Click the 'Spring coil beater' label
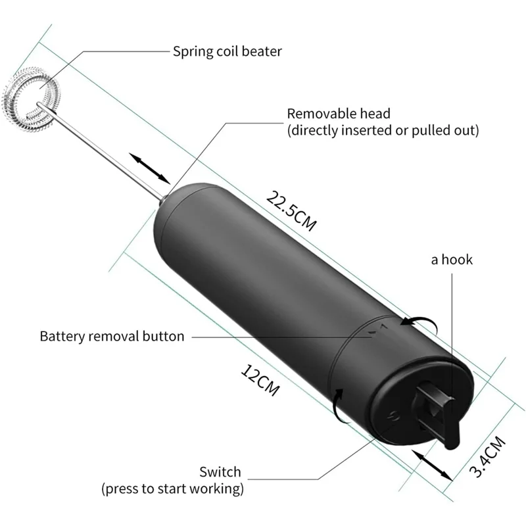tap(227, 51)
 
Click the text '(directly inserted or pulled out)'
tap(383, 130)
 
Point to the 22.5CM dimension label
tap(291, 211)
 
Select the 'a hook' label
tap(452, 260)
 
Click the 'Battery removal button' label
tap(112, 336)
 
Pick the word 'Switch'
tap(220, 472)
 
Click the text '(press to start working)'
tap(172, 489)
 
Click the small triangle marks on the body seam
tap(379, 328)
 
